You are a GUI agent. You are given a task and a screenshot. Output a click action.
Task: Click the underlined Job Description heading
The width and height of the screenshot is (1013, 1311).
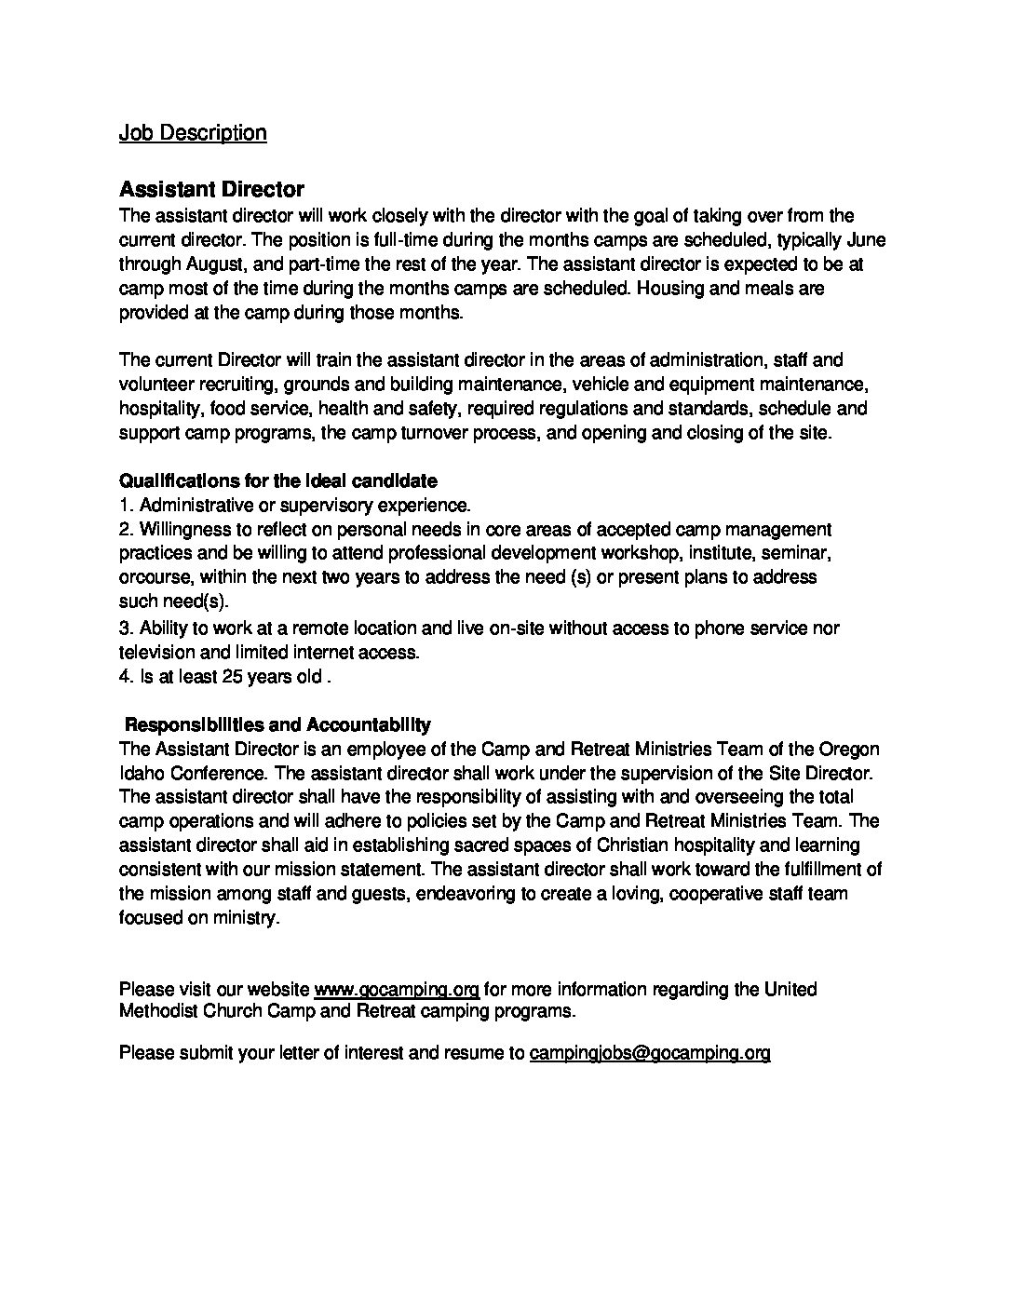193,133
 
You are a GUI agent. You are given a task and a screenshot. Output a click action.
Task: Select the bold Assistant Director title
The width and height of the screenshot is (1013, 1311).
211,189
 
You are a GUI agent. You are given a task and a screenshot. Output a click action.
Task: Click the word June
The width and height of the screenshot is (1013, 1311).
866,239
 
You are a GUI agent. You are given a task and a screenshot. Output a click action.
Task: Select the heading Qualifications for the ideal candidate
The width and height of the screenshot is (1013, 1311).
277,481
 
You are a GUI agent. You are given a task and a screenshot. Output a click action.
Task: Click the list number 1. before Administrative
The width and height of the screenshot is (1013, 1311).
128,506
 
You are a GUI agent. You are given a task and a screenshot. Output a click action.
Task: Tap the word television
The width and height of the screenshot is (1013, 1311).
158,652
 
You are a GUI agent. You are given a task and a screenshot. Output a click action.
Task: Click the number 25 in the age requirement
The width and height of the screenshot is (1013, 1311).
233,677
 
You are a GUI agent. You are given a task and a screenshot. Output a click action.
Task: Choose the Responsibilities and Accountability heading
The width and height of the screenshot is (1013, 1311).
277,724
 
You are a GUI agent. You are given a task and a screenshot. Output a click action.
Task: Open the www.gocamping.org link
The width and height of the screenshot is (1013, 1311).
397,989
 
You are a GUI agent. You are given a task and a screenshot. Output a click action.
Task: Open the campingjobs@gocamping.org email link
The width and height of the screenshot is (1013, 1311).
649,1053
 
